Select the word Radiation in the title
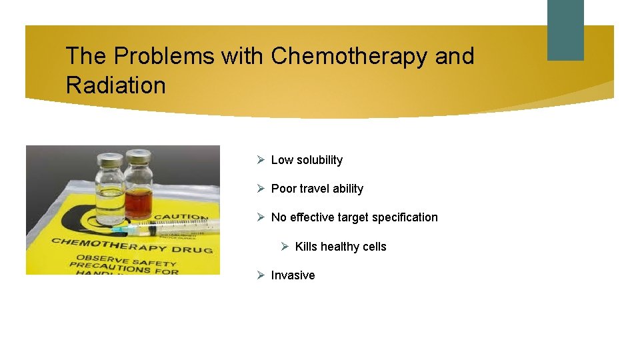(115, 85)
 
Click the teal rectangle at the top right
(565, 30)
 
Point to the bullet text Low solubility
(307, 160)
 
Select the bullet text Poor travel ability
(317, 189)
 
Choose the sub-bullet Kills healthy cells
(340, 247)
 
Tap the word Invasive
(293, 275)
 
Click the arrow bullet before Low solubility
(261, 160)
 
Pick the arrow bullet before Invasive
(261, 275)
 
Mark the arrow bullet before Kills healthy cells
(285, 247)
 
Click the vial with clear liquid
(110, 190)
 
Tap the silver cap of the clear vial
(109, 161)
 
